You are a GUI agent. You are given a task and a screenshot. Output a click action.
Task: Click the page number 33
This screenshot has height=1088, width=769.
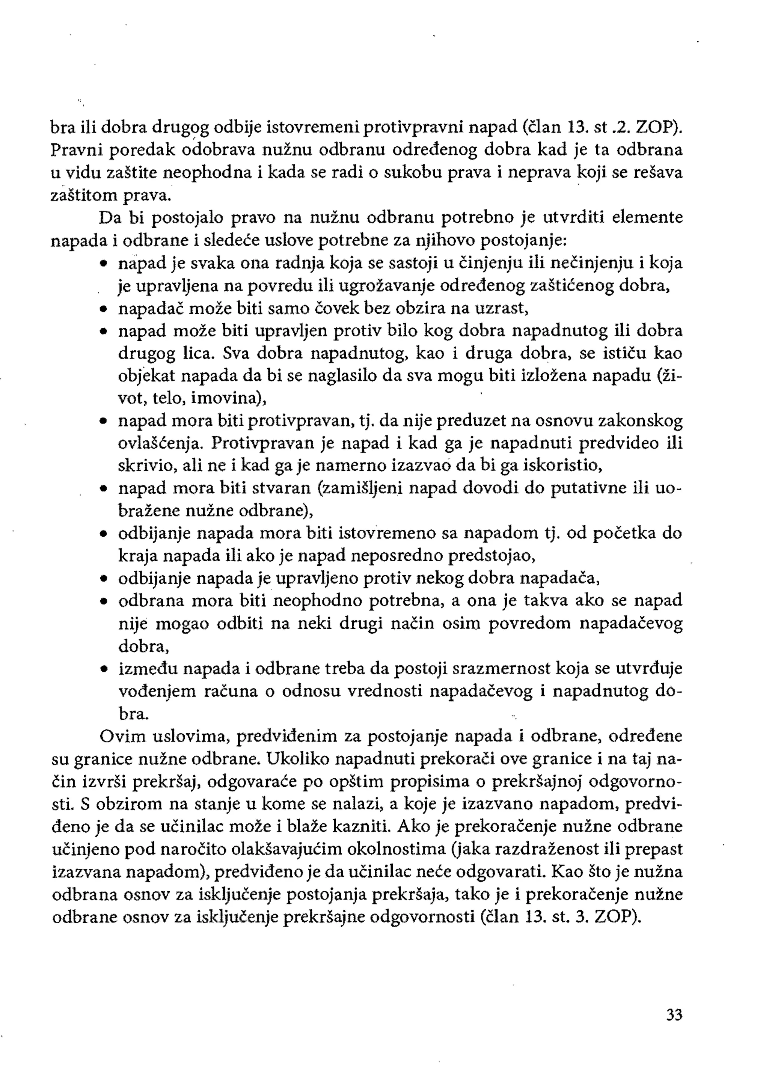pos(674,1015)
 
